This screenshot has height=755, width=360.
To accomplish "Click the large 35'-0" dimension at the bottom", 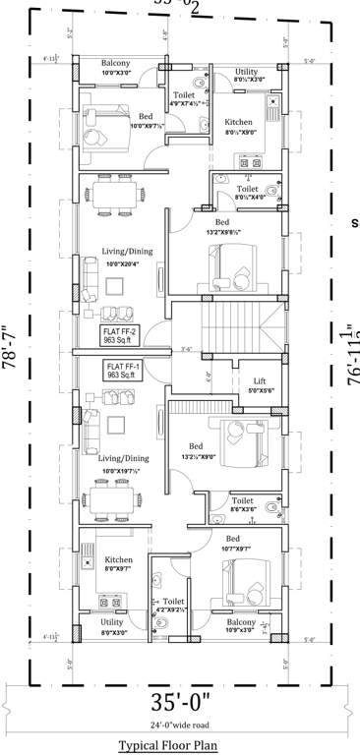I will (179, 702).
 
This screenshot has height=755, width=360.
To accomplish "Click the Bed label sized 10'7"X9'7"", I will (232, 544).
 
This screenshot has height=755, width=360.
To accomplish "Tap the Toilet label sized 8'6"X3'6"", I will (243, 503).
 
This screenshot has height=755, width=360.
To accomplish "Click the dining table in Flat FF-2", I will (114, 195).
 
